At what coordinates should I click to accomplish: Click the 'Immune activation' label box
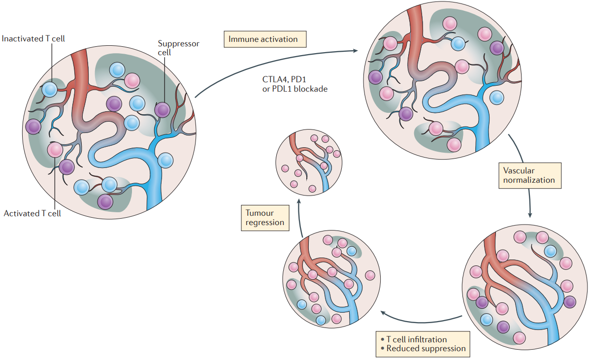pos(265,39)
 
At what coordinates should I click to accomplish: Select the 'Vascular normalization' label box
pos(529,175)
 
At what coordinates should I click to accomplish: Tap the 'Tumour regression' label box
pos(265,218)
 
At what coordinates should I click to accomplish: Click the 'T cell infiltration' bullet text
pos(417,339)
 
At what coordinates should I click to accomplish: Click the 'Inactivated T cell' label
pos(33,38)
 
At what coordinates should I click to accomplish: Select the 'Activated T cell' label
pos(33,214)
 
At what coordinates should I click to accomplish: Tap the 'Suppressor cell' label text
pos(178,48)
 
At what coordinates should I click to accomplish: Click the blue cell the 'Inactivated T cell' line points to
pos(50,89)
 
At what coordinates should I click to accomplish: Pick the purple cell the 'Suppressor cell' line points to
pos(163,110)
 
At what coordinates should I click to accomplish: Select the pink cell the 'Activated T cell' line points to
pos(55,149)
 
